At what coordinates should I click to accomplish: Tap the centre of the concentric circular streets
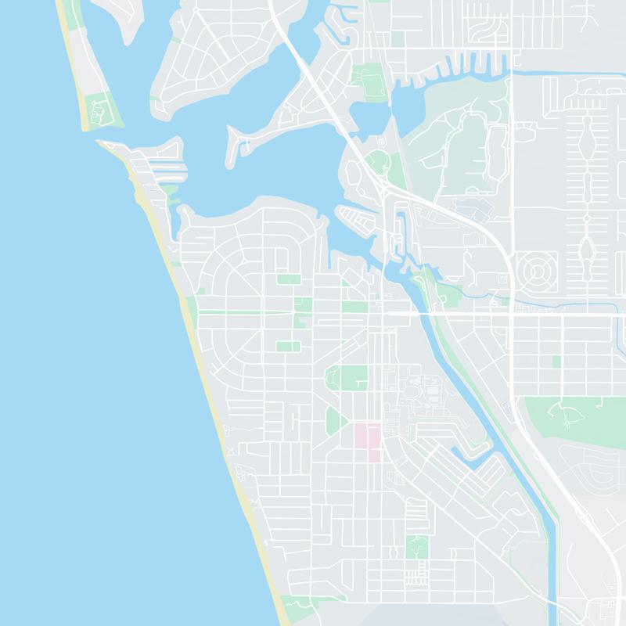click(x=538, y=272)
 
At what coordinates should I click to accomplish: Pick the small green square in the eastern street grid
click(x=556, y=361)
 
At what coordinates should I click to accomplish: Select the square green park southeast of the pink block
click(x=418, y=546)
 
